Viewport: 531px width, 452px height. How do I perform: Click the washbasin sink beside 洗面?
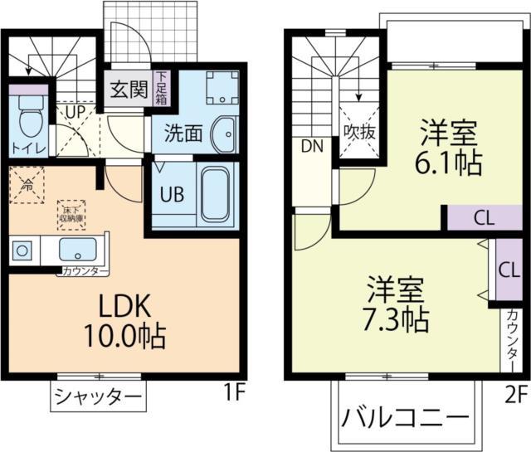tap(222, 134)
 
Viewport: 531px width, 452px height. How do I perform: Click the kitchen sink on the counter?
tap(78, 250)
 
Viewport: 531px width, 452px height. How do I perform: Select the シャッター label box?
tap(98, 396)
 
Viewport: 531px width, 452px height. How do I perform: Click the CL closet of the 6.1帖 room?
tap(485, 218)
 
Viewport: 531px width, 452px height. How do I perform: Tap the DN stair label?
tap(312, 147)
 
